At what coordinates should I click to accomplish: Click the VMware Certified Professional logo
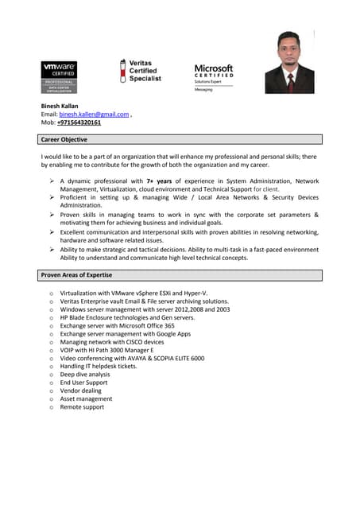[59, 77]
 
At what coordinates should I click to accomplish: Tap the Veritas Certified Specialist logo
[141, 71]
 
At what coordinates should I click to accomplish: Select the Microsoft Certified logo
[214, 77]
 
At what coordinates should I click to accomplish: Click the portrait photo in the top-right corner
[289, 63]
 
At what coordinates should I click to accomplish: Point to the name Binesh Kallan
[60, 106]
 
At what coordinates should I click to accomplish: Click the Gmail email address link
[94, 115]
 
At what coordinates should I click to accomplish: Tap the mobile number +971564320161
[79, 123]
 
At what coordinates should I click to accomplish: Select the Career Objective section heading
[64, 139]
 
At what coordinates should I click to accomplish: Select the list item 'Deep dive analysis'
[85, 374]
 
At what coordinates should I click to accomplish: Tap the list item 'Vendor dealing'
[81, 390]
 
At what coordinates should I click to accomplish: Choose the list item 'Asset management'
[86, 398]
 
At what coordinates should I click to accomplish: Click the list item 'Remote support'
[82, 407]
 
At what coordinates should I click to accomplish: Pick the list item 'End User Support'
[83, 383]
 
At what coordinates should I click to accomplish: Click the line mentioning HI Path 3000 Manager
[106, 350]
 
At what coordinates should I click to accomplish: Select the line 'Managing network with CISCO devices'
[112, 342]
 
